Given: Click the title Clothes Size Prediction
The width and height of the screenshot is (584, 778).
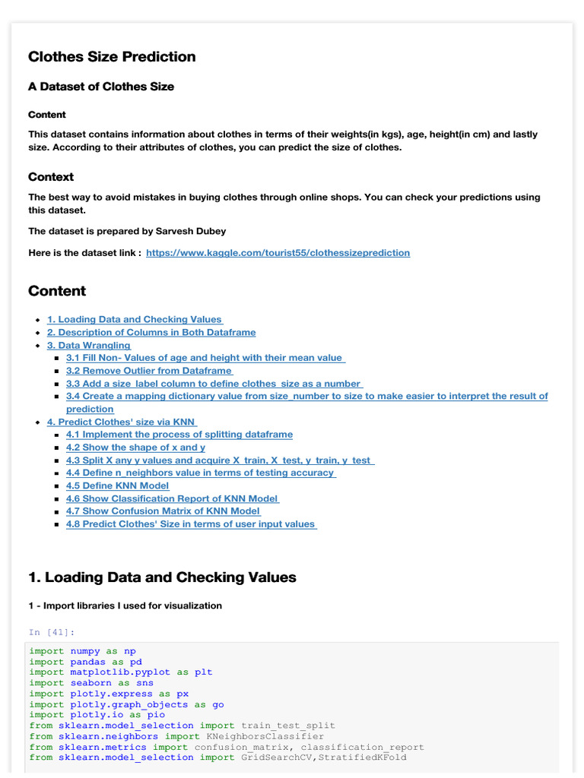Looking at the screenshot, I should click(112, 57).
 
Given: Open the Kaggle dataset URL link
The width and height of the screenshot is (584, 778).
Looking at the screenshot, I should click(278, 252).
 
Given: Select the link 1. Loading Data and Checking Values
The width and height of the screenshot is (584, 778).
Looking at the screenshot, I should click(135, 320).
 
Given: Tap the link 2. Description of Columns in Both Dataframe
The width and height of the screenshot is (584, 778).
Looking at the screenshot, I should click(151, 333).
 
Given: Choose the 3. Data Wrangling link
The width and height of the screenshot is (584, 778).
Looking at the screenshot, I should click(89, 346).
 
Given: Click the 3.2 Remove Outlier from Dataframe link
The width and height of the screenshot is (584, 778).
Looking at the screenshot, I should click(149, 371).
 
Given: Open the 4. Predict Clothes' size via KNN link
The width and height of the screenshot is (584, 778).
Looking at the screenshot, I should click(122, 422).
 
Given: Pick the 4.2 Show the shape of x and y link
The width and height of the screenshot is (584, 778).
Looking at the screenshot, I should click(136, 448).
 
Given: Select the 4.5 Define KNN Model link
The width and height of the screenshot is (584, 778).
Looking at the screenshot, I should click(118, 485).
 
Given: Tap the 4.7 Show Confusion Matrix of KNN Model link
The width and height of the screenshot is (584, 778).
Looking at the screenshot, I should click(163, 511).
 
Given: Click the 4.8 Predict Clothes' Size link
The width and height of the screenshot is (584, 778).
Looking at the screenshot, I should click(191, 524).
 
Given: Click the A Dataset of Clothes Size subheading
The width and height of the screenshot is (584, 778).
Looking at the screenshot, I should click(101, 87).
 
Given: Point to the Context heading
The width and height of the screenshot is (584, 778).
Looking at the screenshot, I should click(51, 177).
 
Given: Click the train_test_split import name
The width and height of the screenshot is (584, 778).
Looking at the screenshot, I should click(288, 726).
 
